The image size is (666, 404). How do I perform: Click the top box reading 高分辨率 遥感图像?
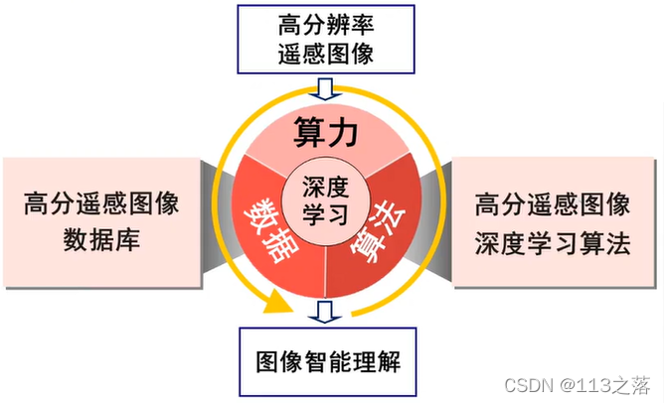326,39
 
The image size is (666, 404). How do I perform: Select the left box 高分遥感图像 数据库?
101,221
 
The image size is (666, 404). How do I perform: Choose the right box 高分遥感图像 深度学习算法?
553,223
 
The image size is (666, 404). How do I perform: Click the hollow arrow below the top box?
326,87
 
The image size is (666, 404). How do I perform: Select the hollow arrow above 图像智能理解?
324,313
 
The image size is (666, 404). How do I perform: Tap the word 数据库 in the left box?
101,241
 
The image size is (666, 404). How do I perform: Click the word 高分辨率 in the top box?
326,23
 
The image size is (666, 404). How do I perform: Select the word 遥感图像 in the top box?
326,54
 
